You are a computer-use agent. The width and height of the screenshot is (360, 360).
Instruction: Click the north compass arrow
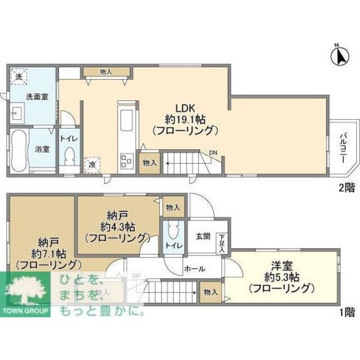(340, 56)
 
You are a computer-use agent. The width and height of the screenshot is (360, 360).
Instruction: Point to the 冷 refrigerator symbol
(91, 164)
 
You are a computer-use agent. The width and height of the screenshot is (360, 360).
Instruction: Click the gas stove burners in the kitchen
(125, 161)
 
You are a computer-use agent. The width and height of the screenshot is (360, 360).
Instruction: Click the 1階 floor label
(345, 310)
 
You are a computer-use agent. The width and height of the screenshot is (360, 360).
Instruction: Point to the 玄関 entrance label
(203, 237)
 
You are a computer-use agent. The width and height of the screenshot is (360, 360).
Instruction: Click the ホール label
(194, 269)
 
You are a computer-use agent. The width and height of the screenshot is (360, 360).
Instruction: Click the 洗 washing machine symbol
(19, 76)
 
